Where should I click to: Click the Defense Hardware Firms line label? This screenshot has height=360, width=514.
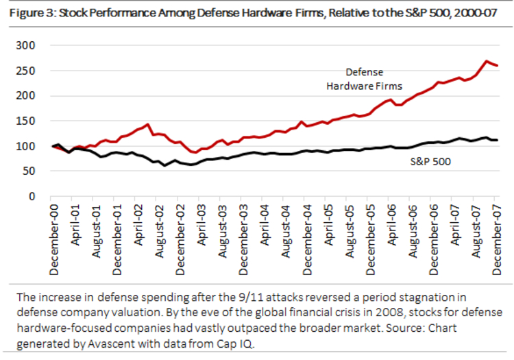(x=374, y=79)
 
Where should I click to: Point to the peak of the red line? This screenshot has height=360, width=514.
(x=487, y=61)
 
